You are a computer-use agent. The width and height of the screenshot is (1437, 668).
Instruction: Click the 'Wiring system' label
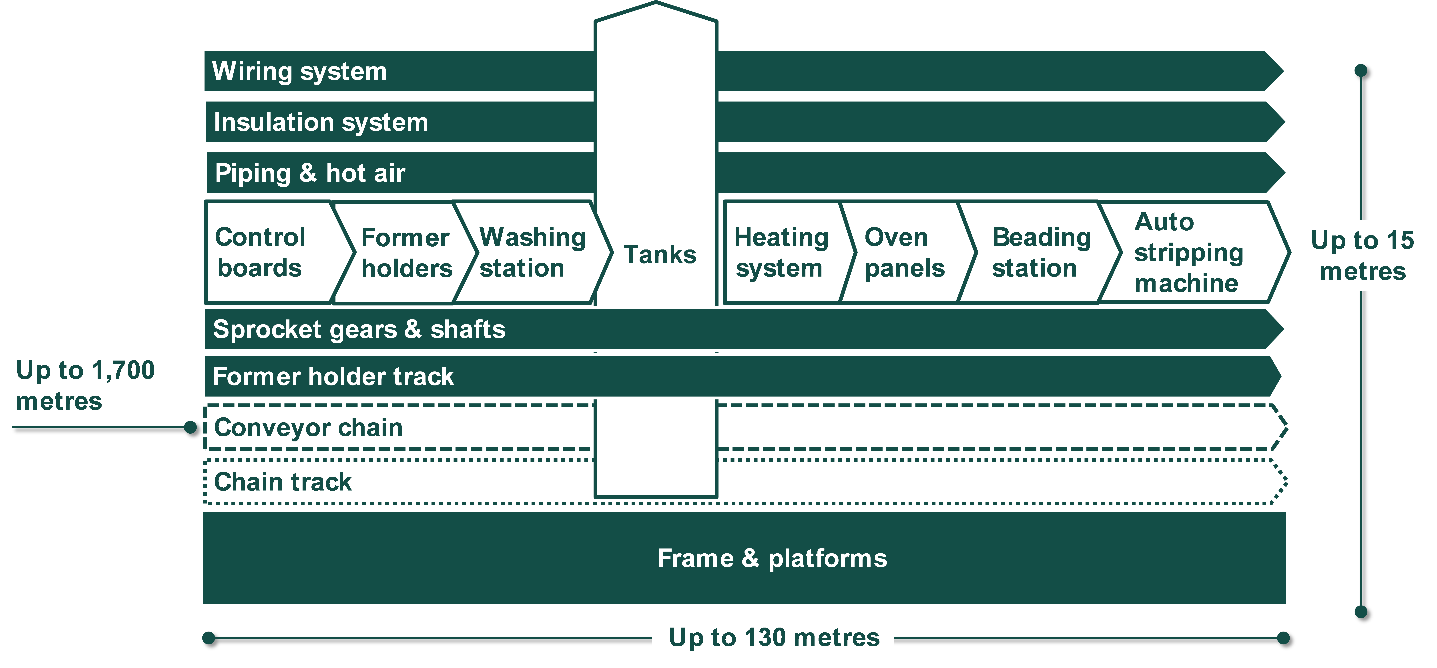coord(300,71)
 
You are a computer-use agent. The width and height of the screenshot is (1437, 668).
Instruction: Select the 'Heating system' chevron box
coord(781,253)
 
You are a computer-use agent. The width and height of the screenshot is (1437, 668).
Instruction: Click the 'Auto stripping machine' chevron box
coord(1188,253)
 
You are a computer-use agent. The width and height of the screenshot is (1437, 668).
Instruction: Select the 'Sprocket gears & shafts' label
coord(359,329)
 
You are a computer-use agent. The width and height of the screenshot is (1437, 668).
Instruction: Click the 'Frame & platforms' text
coord(772,558)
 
